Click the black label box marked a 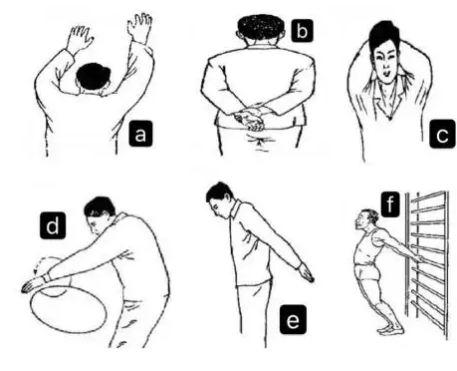point(140,134)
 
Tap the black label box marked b point(302,31)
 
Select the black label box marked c point(442,135)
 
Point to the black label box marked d point(53,226)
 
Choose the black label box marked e point(293,320)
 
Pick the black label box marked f point(390,203)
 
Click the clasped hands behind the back point(251,118)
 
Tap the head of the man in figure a point(94,78)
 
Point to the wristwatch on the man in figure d point(47,277)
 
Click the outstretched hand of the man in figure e point(306,272)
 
